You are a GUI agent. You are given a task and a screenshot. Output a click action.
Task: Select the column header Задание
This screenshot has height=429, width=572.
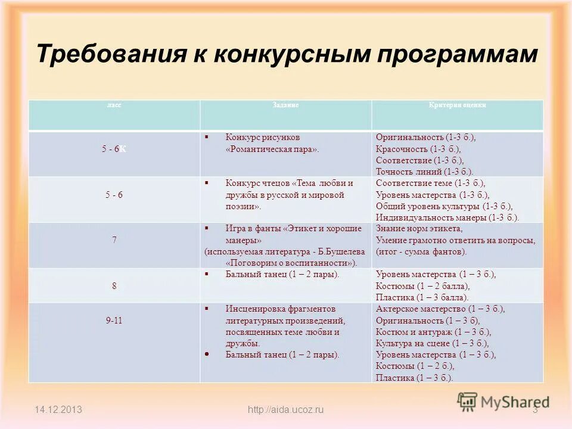click(x=285, y=105)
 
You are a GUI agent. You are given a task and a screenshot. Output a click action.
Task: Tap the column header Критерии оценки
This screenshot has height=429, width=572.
click(x=457, y=105)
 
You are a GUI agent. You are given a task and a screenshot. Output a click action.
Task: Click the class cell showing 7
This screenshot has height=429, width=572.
click(x=114, y=240)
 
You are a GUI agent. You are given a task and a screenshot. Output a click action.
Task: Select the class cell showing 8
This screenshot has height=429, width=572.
click(x=114, y=286)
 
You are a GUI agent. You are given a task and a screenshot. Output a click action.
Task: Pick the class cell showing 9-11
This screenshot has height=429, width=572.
click(x=114, y=320)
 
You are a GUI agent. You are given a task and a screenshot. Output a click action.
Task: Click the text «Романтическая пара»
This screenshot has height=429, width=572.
click(x=272, y=150)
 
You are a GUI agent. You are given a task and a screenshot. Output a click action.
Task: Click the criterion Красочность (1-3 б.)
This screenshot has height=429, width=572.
click(x=418, y=149)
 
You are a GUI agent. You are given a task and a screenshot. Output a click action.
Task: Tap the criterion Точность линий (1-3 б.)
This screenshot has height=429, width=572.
click(x=424, y=172)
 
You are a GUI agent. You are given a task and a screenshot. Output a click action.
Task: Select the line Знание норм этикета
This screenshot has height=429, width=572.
click(x=419, y=229)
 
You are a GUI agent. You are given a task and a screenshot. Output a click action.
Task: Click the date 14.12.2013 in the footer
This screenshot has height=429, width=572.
click(x=58, y=409)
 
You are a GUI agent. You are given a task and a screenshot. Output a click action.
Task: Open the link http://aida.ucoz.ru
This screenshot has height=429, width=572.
click(x=285, y=409)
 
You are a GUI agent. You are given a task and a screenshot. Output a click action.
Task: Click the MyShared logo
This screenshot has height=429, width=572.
click(x=503, y=402)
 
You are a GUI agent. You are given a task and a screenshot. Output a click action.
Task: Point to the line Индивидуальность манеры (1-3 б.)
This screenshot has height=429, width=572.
click(x=447, y=217)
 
